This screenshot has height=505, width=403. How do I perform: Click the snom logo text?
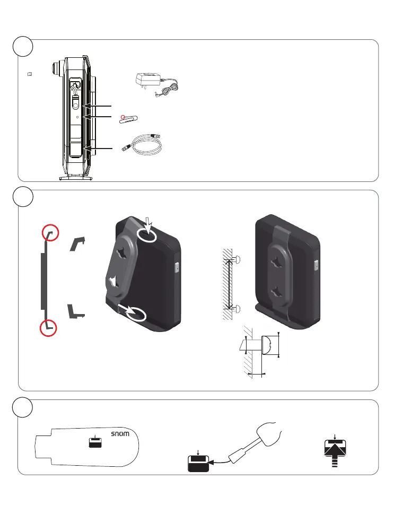(x=120, y=433)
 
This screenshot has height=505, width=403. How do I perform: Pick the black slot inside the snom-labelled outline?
(x=95, y=444)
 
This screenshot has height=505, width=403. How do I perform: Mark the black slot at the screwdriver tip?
(x=199, y=464)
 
